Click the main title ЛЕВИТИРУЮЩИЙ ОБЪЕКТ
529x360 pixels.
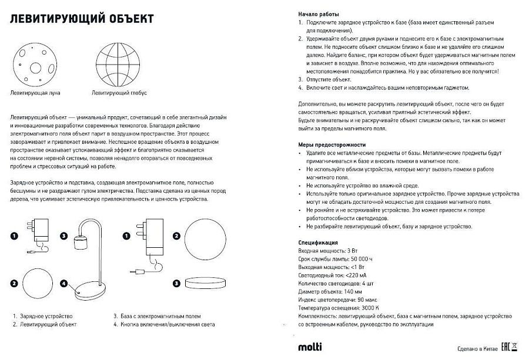(x=82, y=19)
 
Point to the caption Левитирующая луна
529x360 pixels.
(x=35, y=93)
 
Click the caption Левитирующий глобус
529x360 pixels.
(x=119, y=93)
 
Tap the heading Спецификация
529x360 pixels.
(x=317, y=243)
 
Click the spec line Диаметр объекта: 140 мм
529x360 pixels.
(x=330, y=291)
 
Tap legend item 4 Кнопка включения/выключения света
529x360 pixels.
(x=164, y=324)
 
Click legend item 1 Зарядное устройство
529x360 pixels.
(x=42, y=316)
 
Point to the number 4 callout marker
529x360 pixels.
(x=63, y=283)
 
